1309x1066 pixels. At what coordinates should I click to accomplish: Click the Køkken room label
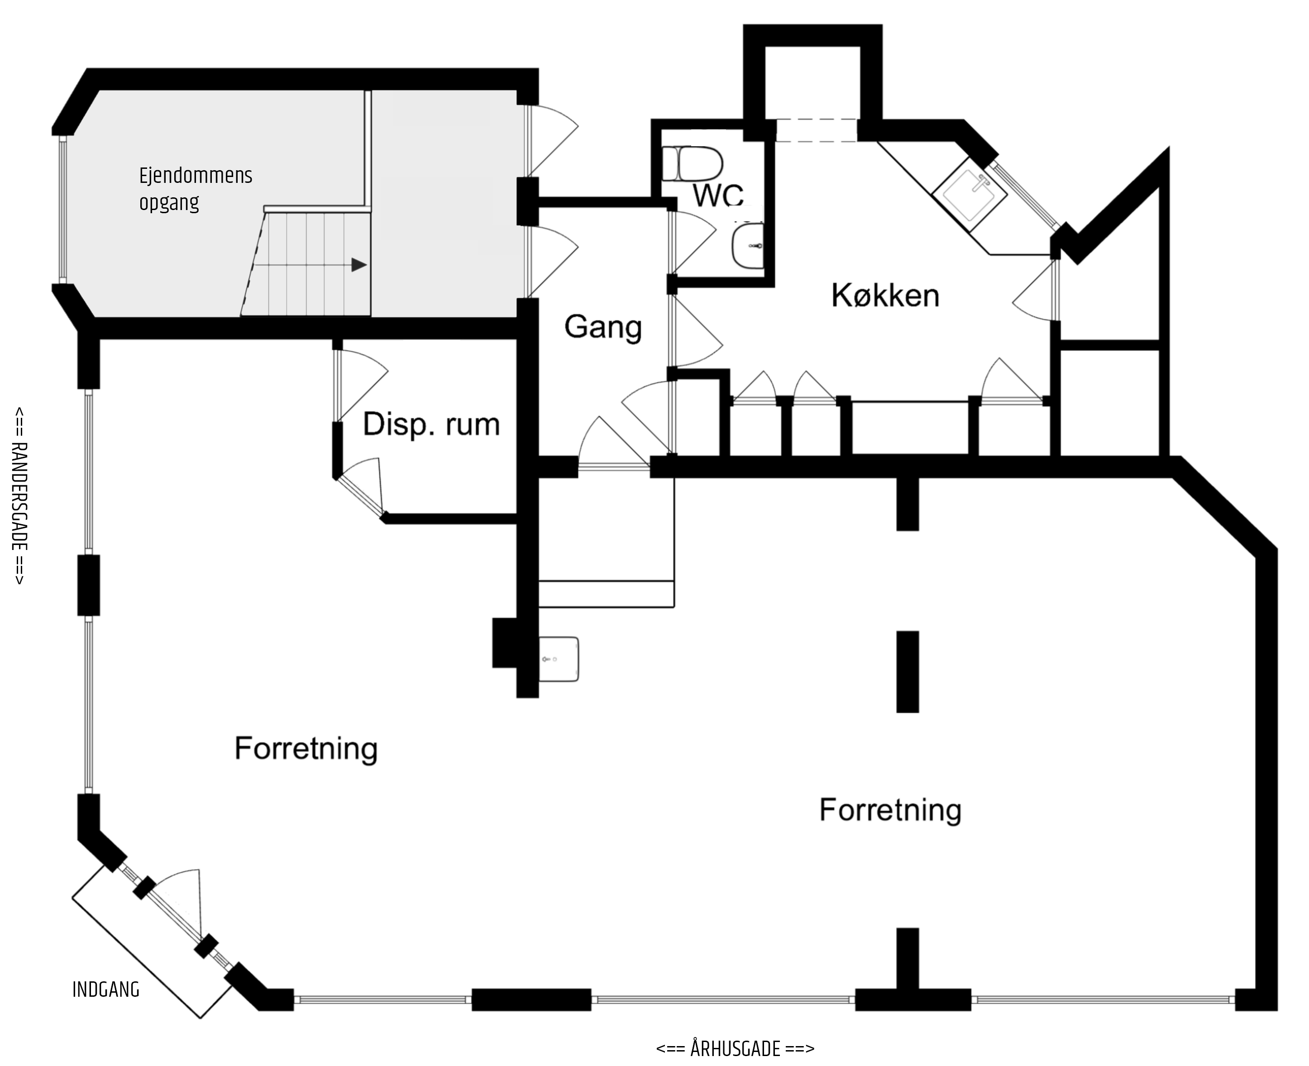(x=885, y=296)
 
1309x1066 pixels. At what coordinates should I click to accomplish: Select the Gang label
(x=603, y=327)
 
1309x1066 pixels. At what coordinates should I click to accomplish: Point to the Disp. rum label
(x=431, y=424)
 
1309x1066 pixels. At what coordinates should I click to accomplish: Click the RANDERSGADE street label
(x=19, y=496)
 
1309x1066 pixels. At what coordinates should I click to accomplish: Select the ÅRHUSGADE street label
(x=735, y=1048)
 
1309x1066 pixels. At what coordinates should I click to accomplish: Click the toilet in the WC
(x=693, y=163)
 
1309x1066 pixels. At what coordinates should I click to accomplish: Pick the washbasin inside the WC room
(x=748, y=246)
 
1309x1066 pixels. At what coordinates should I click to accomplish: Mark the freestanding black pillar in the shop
(x=908, y=672)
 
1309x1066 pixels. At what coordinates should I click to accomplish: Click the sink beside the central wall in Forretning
(x=559, y=659)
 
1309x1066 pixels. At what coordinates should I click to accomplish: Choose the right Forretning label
(x=890, y=810)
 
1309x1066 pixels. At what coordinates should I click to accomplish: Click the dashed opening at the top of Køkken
(x=816, y=130)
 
